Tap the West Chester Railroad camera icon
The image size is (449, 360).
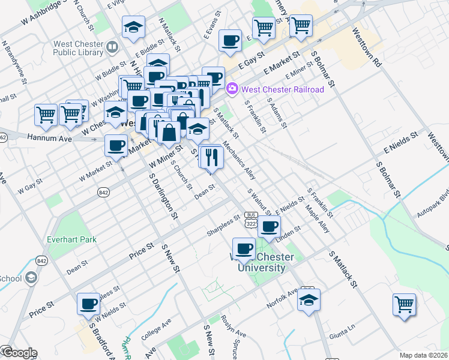point(232,89)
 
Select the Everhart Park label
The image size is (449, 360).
point(72,240)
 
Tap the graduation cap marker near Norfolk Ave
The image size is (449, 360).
point(309,301)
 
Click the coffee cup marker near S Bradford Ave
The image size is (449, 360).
point(89,304)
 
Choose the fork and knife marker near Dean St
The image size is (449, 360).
point(211,158)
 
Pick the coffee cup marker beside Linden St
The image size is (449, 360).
point(270,227)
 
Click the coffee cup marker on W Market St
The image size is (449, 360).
point(116,146)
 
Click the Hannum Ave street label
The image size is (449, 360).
point(49,138)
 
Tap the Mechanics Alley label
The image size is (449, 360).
point(240,160)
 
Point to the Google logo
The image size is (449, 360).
point(19,353)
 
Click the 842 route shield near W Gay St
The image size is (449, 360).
point(103,191)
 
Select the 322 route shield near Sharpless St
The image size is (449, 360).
point(251,223)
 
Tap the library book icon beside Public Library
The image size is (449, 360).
point(112,46)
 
